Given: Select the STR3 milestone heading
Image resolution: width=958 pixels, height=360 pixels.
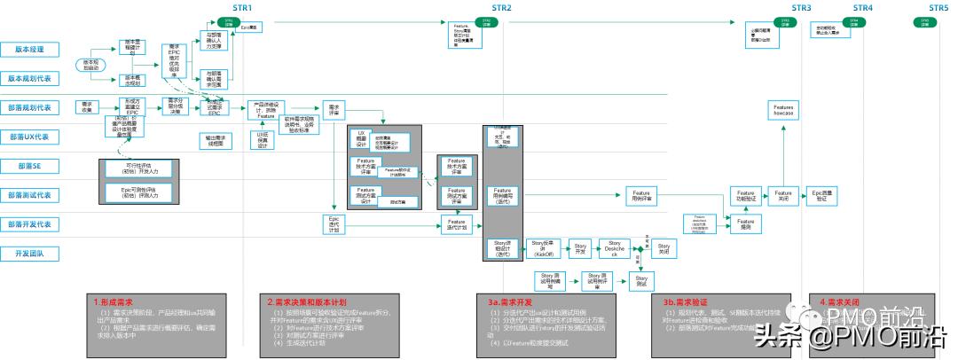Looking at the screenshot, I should pyautogui.click(x=802, y=8).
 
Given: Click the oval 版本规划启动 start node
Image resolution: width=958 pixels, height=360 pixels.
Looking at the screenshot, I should pyautogui.click(x=91, y=65).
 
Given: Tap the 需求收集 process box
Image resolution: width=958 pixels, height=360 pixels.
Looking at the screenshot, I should pyautogui.click(x=87, y=106).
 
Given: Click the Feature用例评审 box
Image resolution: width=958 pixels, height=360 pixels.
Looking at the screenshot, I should pyautogui.click(x=640, y=195).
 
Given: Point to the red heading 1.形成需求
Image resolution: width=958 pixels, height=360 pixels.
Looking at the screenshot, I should pyautogui.click(x=115, y=301).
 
